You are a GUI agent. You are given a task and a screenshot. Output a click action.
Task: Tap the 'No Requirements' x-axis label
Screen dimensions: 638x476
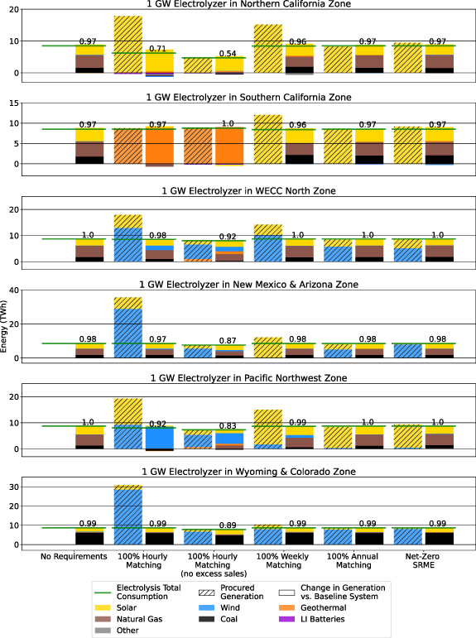pos(75,559)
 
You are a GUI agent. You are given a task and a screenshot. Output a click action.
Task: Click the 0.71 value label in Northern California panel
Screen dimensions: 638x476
pos(160,49)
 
